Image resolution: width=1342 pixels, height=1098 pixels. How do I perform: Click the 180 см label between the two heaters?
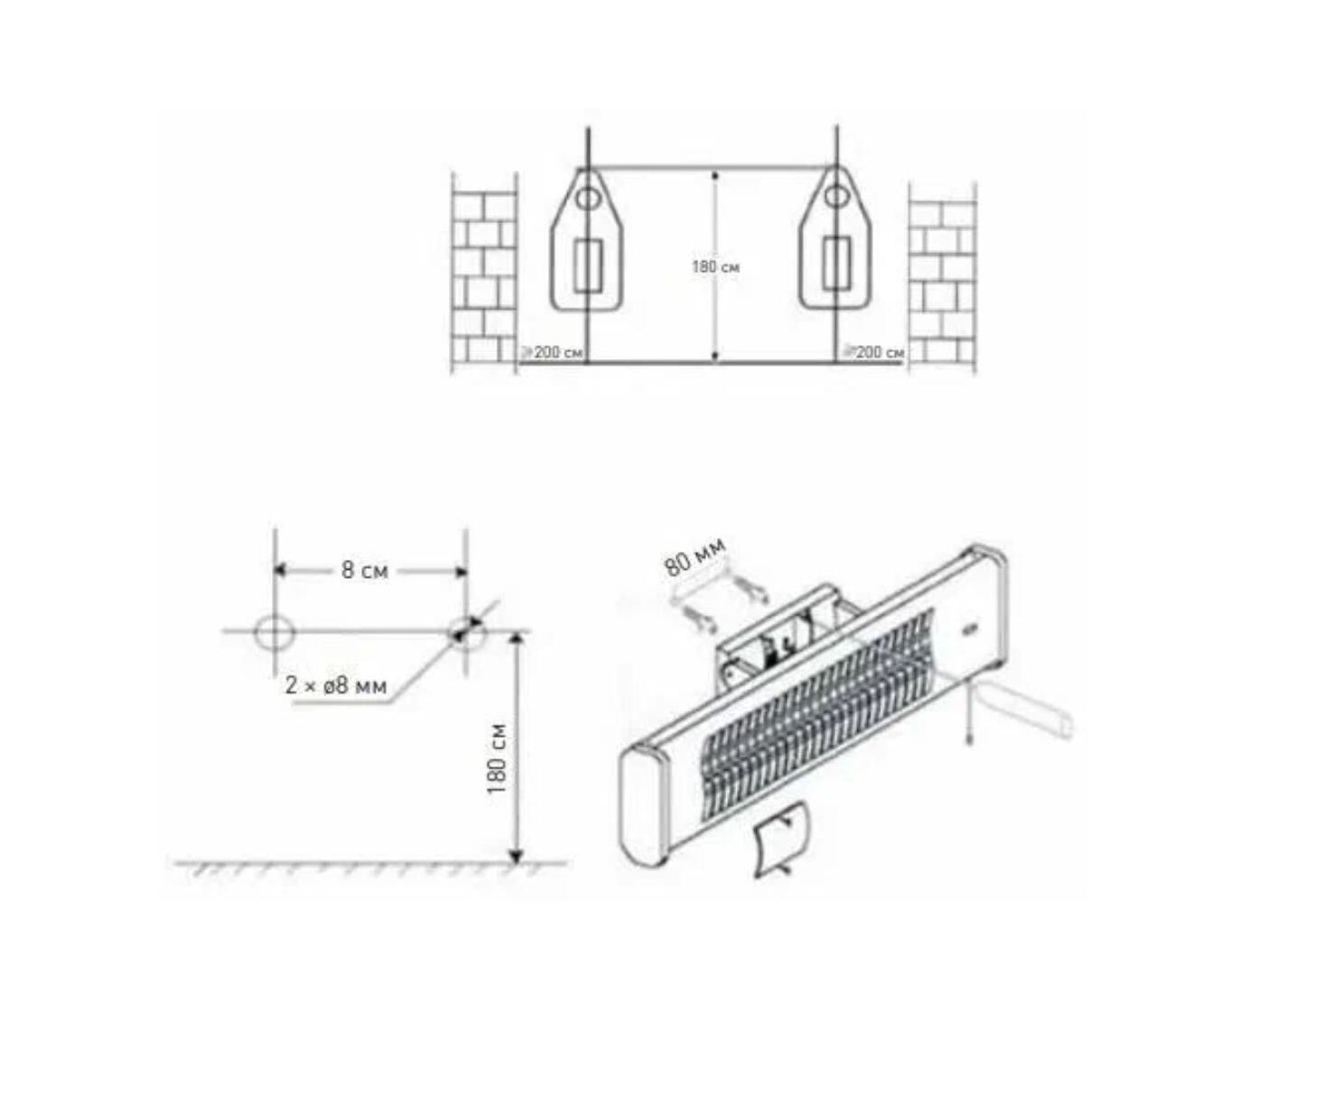715,267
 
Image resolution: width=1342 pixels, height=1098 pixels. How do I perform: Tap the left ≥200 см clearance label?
552,352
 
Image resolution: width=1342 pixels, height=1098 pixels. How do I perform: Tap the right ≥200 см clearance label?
873,352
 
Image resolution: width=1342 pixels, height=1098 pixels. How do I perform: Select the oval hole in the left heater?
587,199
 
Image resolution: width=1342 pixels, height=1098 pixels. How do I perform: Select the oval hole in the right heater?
835,199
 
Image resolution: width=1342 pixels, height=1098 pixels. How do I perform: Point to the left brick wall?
483,274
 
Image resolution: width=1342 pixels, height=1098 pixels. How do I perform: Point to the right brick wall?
943,279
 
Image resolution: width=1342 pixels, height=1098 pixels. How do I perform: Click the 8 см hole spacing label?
365,570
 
